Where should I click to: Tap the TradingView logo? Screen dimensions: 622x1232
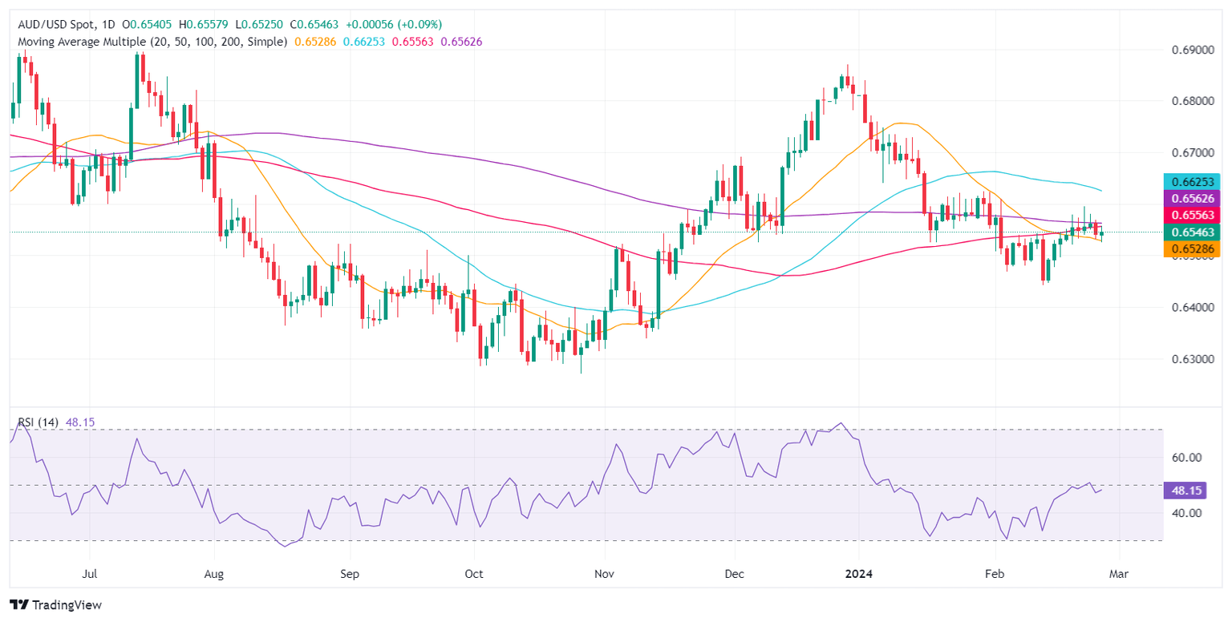[55, 604]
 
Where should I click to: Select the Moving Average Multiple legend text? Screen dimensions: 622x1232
[149, 41]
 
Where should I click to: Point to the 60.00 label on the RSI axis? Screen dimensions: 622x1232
[1187, 458]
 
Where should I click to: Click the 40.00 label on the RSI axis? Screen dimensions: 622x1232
[1187, 513]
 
